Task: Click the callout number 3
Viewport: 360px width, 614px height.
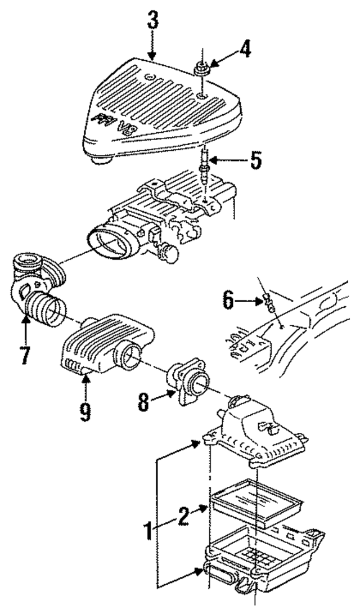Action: click(x=152, y=21)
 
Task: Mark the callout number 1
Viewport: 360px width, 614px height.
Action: click(x=148, y=531)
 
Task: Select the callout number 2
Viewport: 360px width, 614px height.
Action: click(x=182, y=517)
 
